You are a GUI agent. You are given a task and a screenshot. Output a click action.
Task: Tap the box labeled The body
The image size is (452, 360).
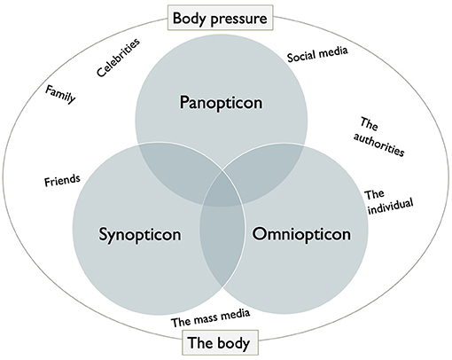pos(222,342)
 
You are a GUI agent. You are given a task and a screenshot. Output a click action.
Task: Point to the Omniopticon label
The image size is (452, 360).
pos(296,235)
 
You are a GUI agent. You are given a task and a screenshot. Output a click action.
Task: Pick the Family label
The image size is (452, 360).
pos(60,93)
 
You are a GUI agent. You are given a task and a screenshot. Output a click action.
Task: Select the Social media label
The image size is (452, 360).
pos(317,53)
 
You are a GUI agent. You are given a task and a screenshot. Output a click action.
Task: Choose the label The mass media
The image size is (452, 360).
pos(210,315)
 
